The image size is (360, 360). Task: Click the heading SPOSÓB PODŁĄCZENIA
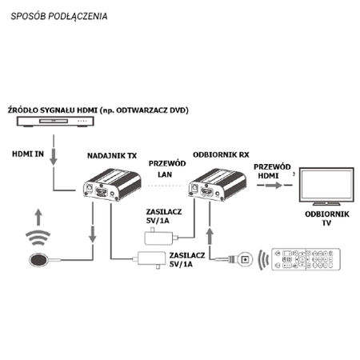[61, 16]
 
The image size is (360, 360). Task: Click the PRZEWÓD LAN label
[168, 169]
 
